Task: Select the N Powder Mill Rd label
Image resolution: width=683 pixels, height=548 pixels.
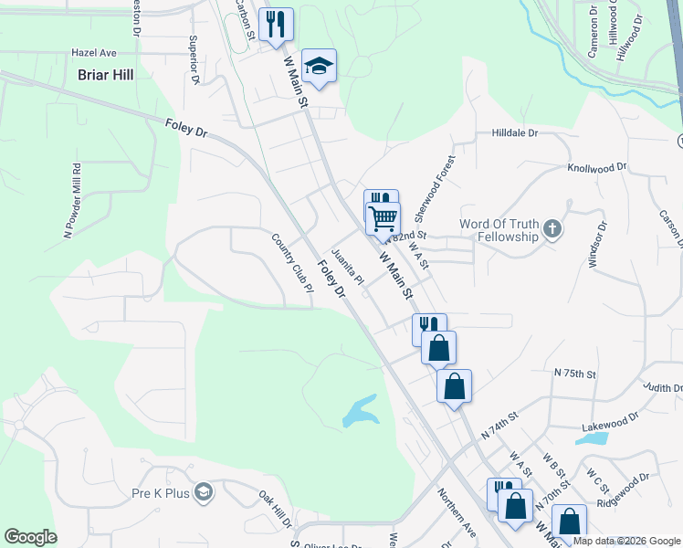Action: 71,201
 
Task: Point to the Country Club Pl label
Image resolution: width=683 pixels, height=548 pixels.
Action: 292,263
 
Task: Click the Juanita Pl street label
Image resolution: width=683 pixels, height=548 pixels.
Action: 347,265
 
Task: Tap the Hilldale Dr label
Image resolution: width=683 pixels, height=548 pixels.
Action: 516,133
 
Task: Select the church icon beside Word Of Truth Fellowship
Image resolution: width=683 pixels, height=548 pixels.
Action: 552,229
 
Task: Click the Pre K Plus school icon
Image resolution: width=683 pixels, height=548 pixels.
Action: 202,493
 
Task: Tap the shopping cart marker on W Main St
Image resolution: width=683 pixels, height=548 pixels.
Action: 384,219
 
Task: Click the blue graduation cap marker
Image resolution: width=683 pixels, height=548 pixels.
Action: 319,67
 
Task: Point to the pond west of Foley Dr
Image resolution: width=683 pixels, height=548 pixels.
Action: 360,411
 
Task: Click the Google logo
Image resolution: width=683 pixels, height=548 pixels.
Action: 30,537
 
